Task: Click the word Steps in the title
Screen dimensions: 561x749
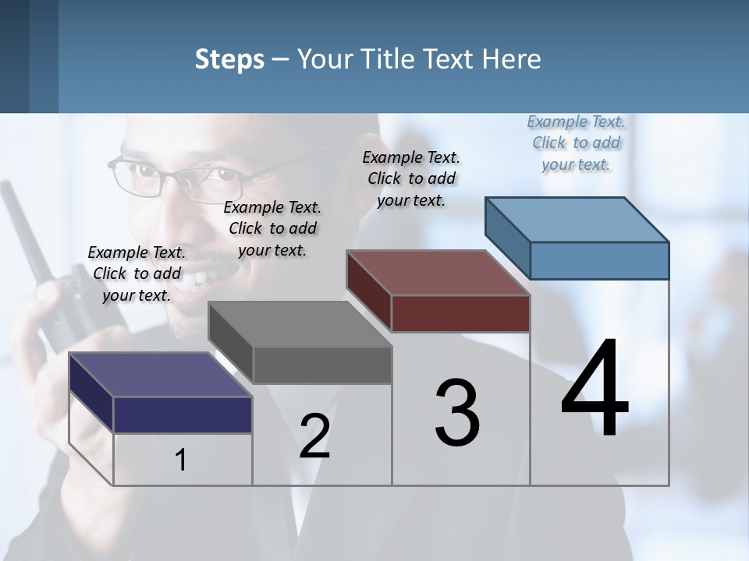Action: pos(229,59)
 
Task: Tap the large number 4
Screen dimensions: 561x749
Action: pos(595,389)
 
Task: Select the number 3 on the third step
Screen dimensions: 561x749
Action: pos(457,413)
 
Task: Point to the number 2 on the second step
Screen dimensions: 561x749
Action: pos(314,436)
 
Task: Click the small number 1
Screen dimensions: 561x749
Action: pos(181,460)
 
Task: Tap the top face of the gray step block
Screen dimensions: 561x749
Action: pos(300,324)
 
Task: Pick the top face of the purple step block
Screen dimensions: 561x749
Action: pos(161,375)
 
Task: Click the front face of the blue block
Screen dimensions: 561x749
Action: pos(599,260)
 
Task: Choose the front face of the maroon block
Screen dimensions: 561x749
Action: pos(460,313)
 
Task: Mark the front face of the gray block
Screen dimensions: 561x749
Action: pos(321,365)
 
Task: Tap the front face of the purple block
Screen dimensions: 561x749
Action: pos(183,415)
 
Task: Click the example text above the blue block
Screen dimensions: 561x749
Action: pos(576,143)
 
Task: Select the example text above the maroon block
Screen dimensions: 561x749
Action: pos(411,178)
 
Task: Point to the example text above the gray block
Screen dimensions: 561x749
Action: pos(272,228)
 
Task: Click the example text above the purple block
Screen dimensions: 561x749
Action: pos(137,273)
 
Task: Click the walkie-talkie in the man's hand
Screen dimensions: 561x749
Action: pos(47,257)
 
